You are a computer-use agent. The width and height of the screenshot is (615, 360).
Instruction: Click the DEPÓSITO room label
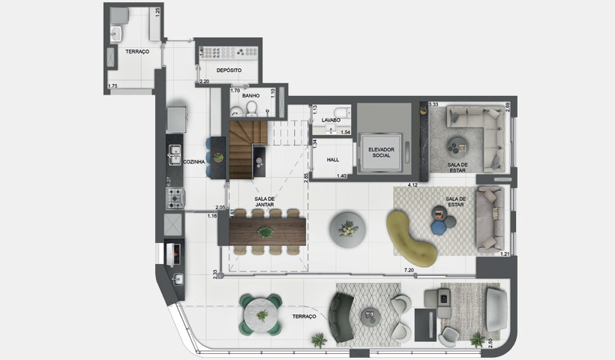click(x=229, y=70)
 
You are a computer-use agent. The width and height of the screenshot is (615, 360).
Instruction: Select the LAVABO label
click(x=331, y=120)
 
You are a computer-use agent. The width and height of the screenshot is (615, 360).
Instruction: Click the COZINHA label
click(x=194, y=161)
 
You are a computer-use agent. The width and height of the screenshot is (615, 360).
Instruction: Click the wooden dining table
click(x=264, y=230)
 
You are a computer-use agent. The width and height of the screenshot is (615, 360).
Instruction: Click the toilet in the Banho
click(x=252, y=109)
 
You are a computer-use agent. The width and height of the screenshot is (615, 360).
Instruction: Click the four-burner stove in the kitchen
click(x=175, y=199)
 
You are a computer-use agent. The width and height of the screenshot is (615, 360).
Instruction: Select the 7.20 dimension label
click(x=409, y=268)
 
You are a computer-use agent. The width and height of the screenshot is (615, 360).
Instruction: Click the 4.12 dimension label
click(x=412, y=183)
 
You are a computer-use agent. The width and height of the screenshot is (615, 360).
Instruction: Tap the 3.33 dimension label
click(x=433, y=105)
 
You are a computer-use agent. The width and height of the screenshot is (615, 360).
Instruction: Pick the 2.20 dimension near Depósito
click(x=204, y=80)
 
